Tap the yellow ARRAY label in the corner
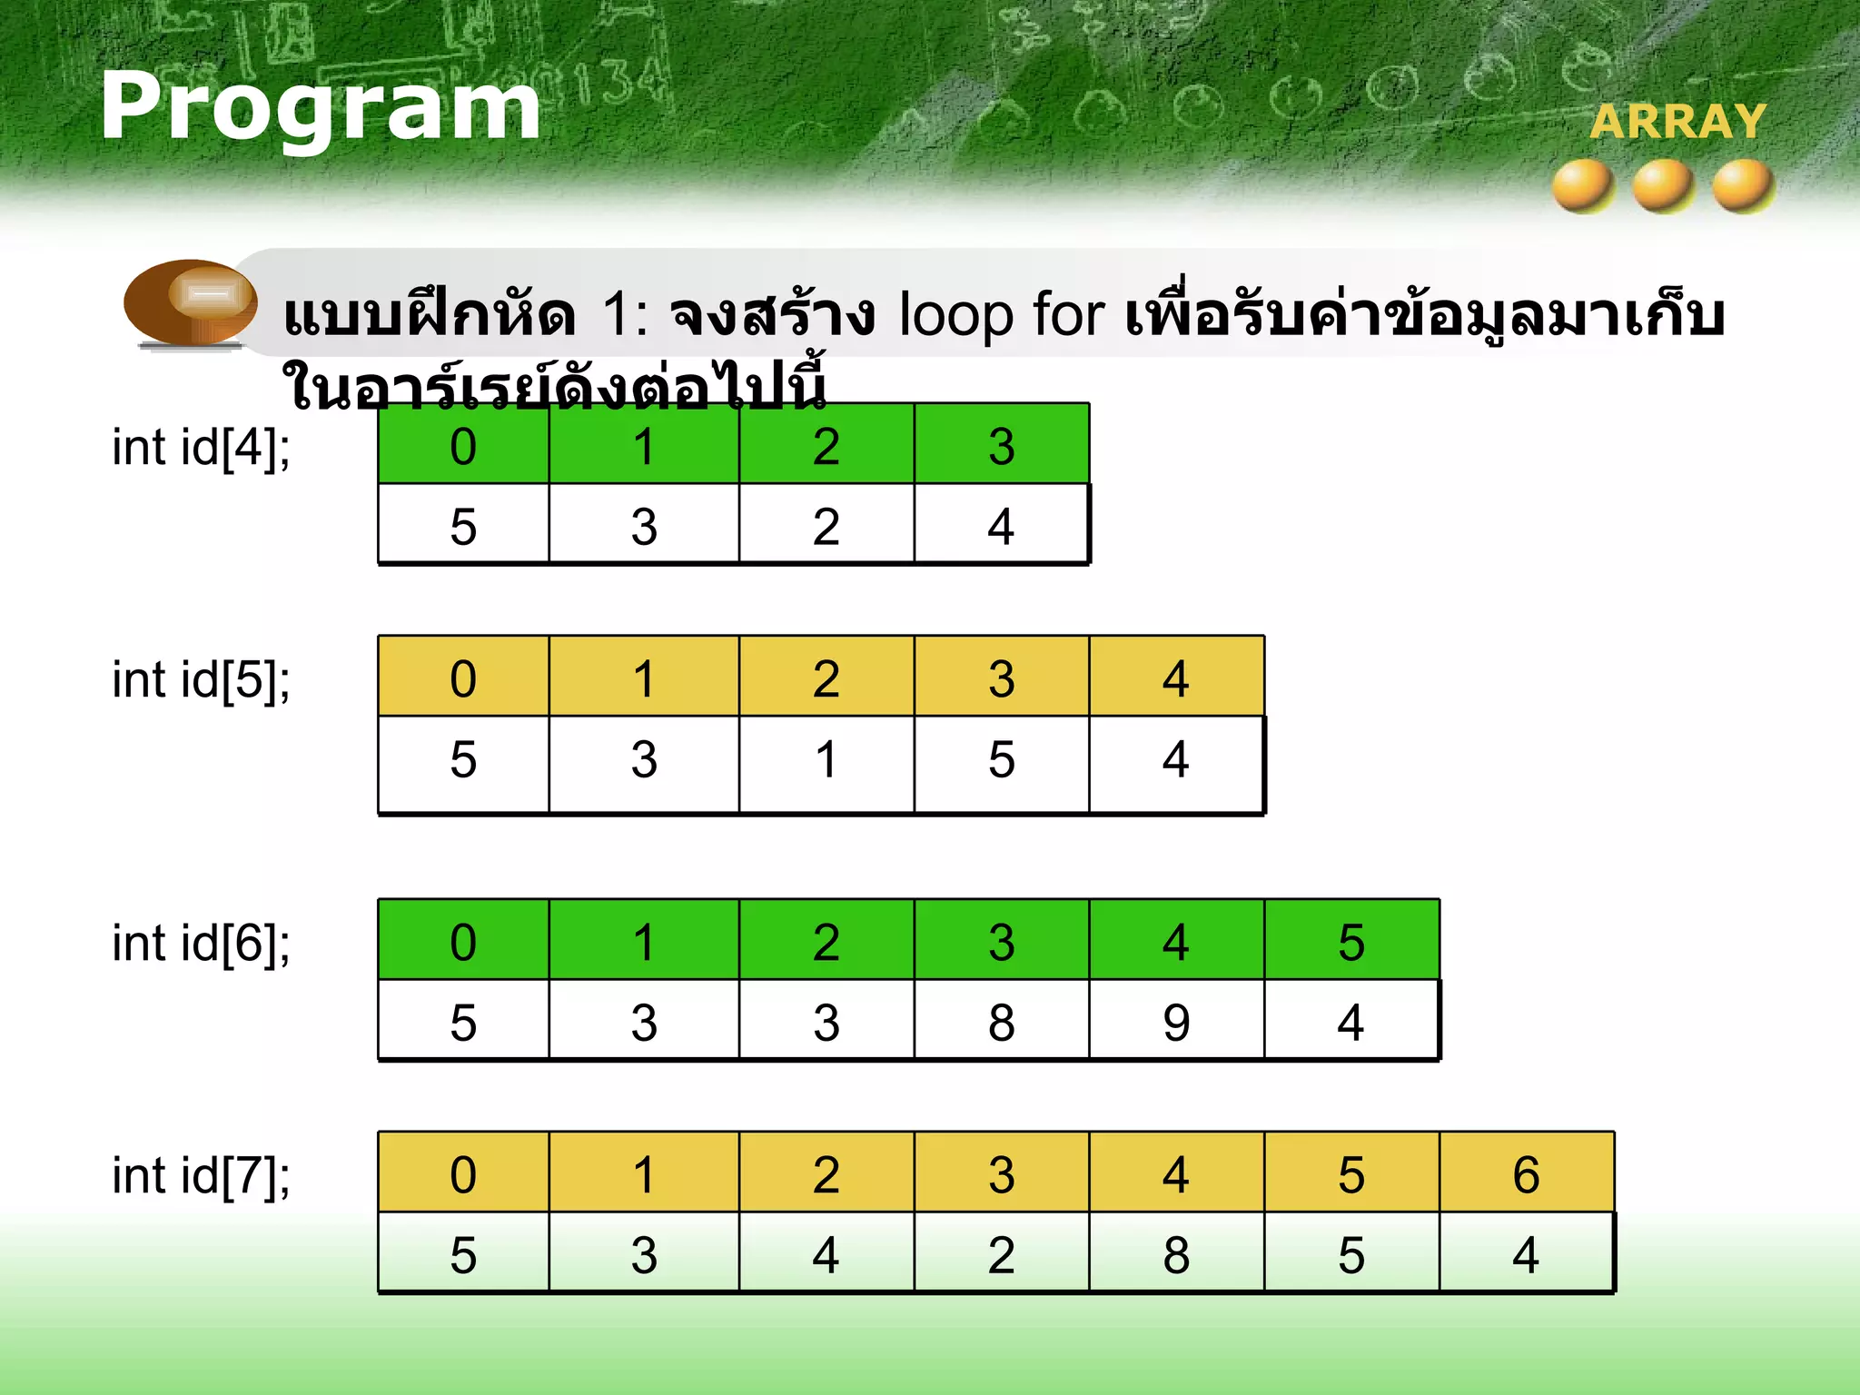click(x=1677, y=122)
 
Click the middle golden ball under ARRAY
click(x=1663, y=185)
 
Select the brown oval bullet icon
click(x=191, y=302)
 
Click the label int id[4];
click(x=201, y=448)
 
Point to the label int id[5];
click(x=201, y=680)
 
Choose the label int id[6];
click(x=201, y=944)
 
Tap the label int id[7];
click(x=201, y=1176)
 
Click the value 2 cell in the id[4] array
click(x=826, y=526)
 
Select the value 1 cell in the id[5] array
click(x=826, y=759)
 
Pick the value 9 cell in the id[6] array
click(x=1175, y=1023)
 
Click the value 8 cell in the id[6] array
click(x=1001, y=1023)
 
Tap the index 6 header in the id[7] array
click(x=1526, y=1173)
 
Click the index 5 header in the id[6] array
click(x=1350, y=941)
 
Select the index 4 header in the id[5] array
click(x=1175, y=678)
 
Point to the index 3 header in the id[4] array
click(x=1001, y=445)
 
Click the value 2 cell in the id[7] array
click(x=1001, y=1255)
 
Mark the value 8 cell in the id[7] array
click(x=1175, y=1255)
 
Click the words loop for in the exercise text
click(x=1001, y=315)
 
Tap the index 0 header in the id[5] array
click(x=463, y=678)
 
